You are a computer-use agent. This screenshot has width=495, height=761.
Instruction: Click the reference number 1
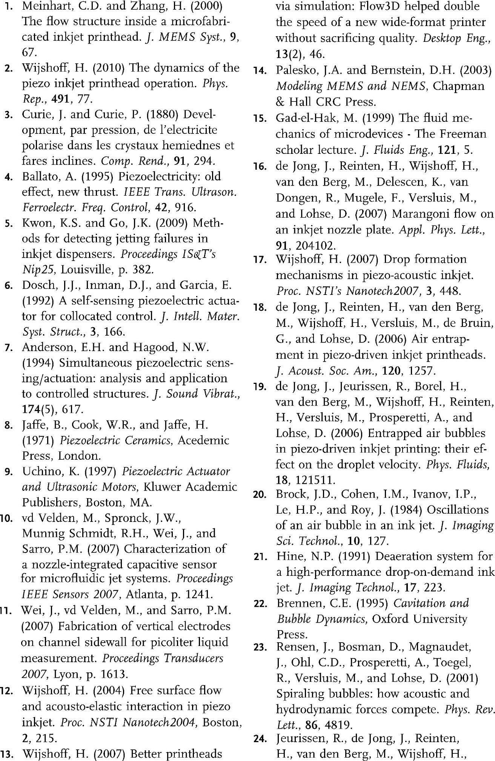(9, 6)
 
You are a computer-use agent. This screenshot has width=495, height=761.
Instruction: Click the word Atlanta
(146, 595)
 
